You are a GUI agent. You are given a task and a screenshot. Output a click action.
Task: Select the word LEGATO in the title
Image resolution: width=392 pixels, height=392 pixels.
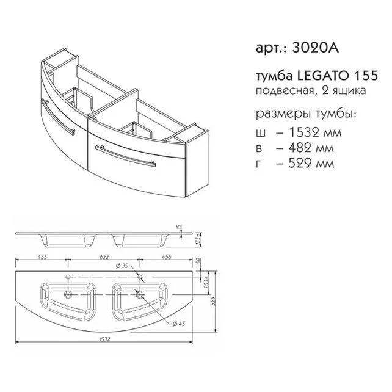click(x=319, y=76)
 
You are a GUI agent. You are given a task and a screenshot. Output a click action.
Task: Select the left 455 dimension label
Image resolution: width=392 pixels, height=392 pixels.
click(x=42, y=258)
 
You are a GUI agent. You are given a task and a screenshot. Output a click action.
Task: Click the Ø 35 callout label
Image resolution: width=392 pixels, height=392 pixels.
click(x=123, y=266)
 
